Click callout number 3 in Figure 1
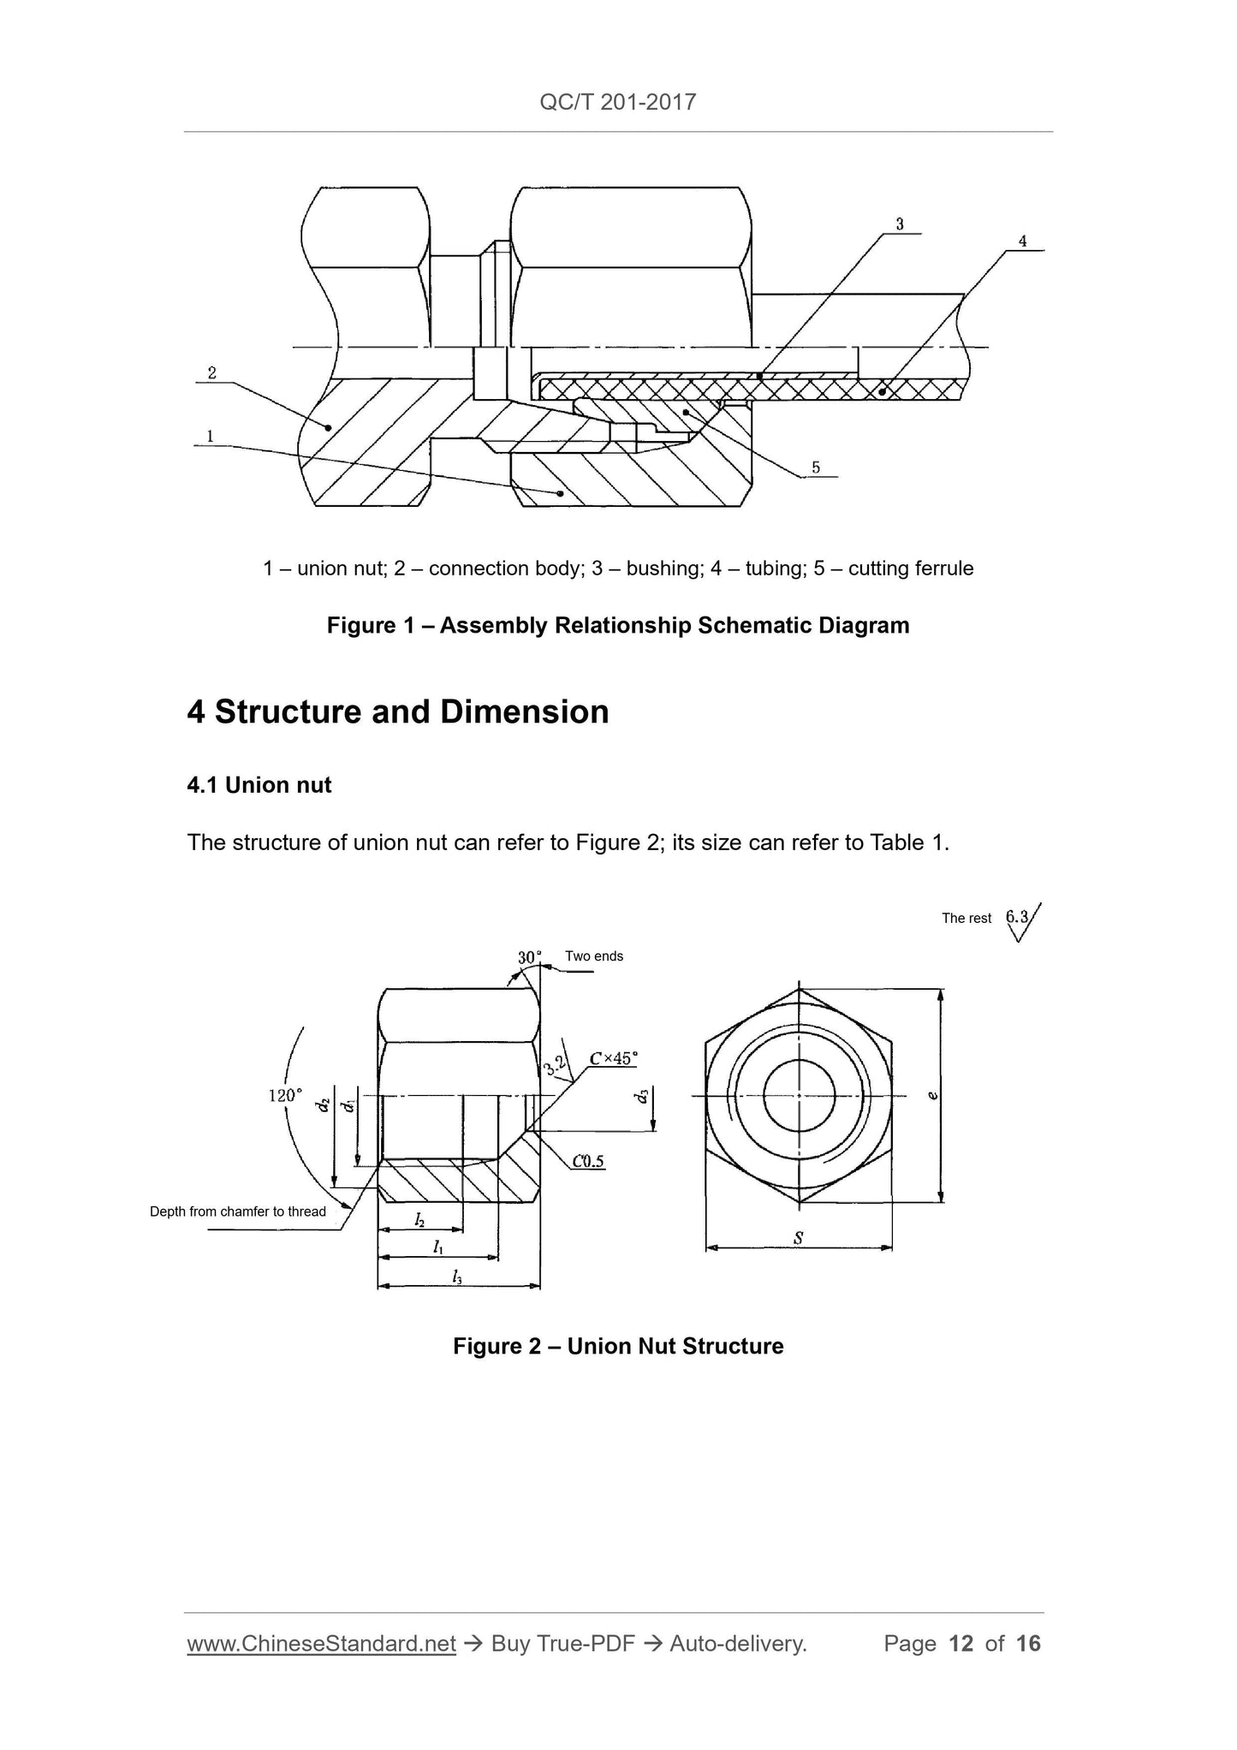coord(900,224)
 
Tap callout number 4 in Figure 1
coord(1022,241)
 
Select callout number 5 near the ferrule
coord(816,467)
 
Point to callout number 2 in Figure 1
coord(211,372)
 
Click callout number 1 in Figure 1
coord(210,436)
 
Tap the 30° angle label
coord(529,957)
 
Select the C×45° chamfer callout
coord(613,1058)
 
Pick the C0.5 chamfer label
coord(588,1161)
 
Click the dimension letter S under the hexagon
coord(798,1237)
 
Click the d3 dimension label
coord(643,1095)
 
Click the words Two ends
coord(594,956)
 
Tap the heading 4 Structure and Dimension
coord(398,712)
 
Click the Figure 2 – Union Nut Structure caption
coord(618,1346)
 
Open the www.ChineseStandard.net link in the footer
coord(321,1644)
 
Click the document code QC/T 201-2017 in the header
coord(618,103)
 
